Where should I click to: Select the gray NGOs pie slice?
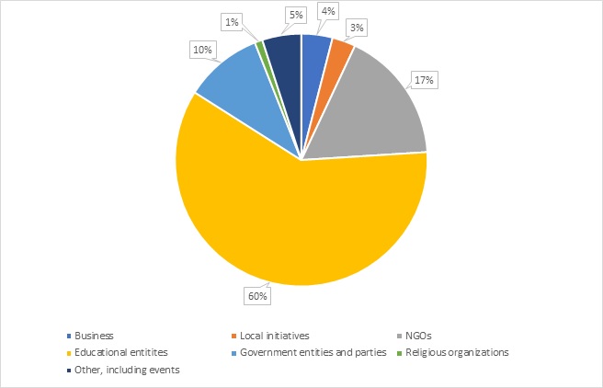(x=377, y=110)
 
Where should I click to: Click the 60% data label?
(x=256, y=296)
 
